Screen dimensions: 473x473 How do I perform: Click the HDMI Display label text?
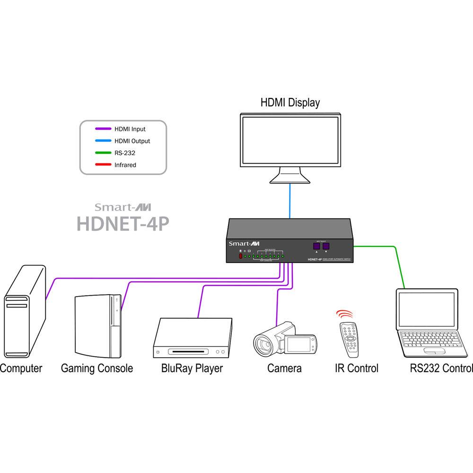(x=290, y=102)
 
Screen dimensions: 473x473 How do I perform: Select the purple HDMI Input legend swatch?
(x=103, y=129)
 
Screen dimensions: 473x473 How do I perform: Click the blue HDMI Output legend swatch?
(x=103, y=141)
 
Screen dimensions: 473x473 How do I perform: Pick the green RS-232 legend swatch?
(x=103, y=153)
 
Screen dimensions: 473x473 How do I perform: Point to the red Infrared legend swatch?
(x=103, y=165)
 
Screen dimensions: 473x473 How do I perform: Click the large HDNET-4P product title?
(x=123, y=223)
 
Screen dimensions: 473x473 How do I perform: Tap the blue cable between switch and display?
(x=290, y=201)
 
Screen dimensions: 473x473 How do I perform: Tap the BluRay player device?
(x=194, y=338)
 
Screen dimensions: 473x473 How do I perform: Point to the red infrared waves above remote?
(x=344, y=314)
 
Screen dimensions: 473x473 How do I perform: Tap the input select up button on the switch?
(x=316, y=246)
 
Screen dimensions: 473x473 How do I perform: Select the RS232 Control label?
(x=441, y=368)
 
